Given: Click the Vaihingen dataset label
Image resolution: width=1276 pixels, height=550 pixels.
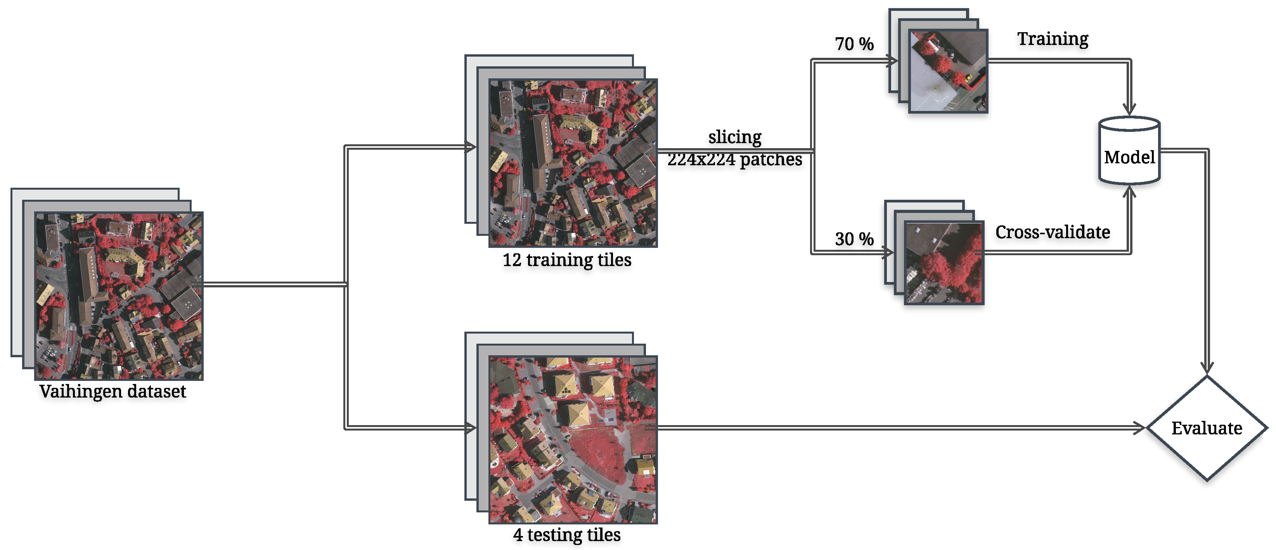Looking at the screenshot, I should coord(113,392).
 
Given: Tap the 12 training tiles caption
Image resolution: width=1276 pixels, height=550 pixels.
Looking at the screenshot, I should coord(567,260).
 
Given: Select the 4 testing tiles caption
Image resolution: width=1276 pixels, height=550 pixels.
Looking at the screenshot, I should coord(567,534).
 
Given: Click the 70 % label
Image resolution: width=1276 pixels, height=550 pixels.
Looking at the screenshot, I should coord(854,44).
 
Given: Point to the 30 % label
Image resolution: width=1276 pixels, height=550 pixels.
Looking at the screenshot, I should coord(854,239).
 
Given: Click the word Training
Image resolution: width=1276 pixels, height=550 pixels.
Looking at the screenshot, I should coord(1053,39).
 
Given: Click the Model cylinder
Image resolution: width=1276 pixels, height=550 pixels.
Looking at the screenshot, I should coord(1129,151).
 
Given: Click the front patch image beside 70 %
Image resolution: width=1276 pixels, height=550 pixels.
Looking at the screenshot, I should coord(948,71).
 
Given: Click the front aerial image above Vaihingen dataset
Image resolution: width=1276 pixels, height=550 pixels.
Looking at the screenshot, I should coord(119,296).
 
